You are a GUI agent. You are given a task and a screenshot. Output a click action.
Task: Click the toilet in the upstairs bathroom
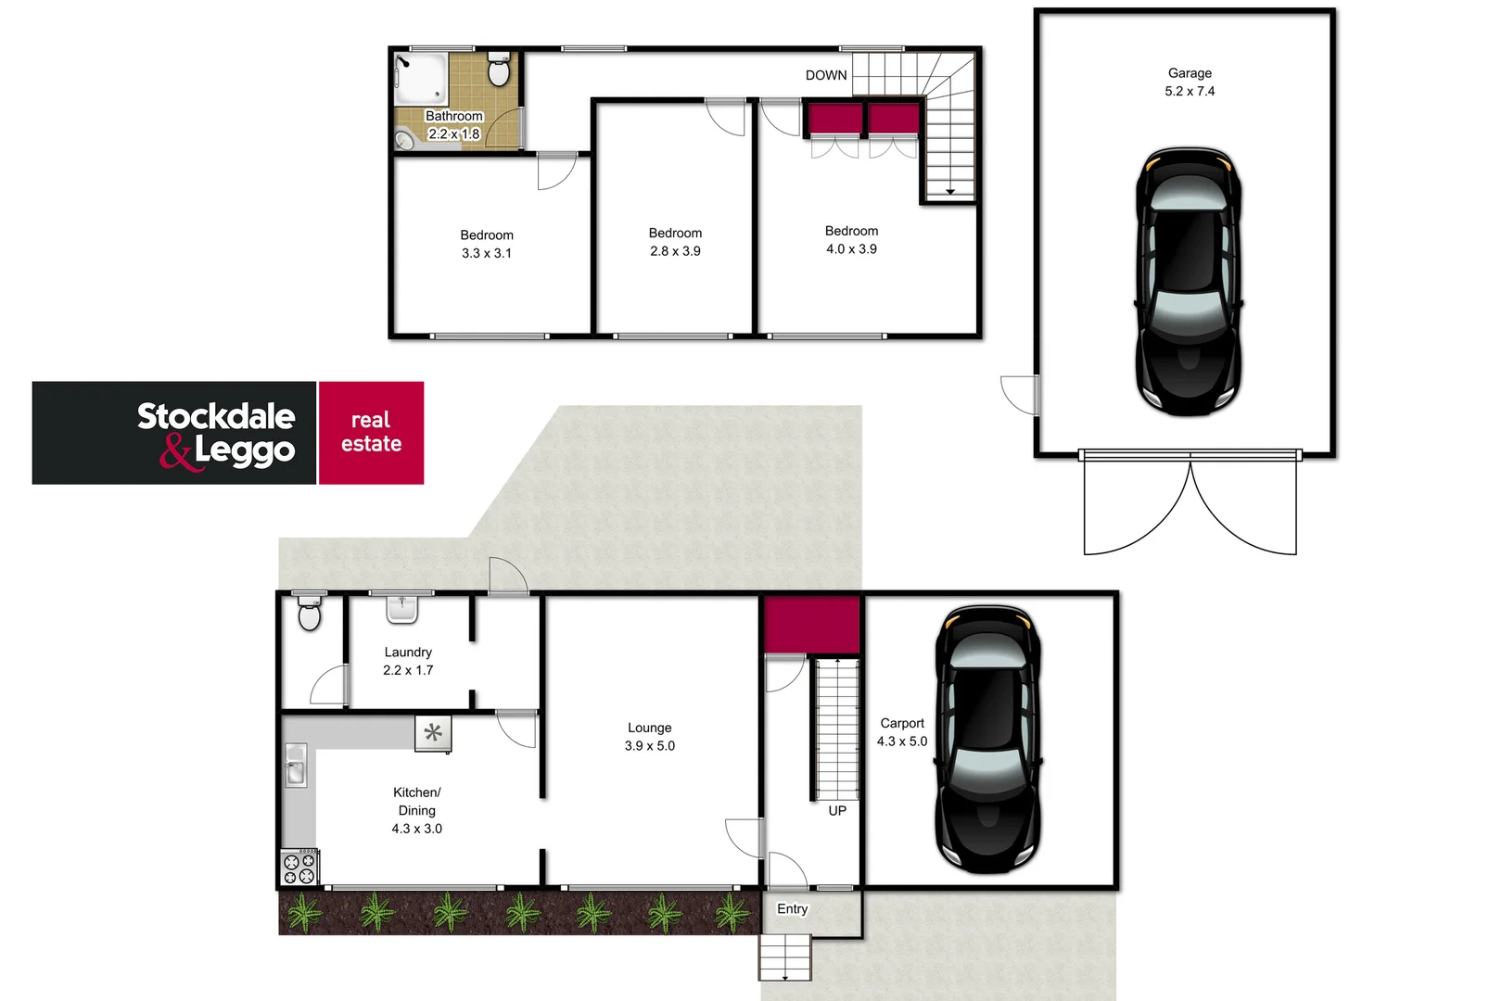(499, 70)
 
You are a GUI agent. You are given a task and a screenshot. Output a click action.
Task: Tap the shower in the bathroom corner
(421, 79)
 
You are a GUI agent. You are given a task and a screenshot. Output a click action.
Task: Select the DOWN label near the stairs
(825, 75)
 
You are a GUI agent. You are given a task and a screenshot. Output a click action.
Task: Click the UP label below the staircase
(836, 810)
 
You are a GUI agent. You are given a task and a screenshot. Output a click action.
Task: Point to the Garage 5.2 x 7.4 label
(1189, 82)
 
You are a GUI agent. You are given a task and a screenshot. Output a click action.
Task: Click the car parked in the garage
(1188, 281)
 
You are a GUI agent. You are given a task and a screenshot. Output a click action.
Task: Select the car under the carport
(987, 739)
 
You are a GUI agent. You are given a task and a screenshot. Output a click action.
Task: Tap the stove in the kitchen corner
(299, 868)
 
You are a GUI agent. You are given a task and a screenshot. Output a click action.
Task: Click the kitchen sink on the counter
(295, 769)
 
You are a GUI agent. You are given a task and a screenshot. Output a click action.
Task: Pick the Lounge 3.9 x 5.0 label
(649, 737)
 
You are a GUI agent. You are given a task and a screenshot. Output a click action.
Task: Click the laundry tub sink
(402, 609)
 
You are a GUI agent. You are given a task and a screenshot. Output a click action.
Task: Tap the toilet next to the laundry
(310, 613)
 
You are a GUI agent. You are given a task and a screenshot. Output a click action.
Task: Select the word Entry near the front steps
(792, 908)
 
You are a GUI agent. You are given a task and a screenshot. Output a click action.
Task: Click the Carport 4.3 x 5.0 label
(901, 732)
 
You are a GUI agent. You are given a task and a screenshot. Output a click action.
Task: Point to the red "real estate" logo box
(371, 432)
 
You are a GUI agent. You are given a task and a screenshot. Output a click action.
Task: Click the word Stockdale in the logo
(216, 416)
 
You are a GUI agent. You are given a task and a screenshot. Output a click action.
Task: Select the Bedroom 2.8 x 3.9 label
(675, 242)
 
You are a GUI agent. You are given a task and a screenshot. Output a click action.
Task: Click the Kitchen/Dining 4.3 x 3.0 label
(416, 810)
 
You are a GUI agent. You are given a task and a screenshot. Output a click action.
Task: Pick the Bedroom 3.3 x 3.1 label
(487, 244)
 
